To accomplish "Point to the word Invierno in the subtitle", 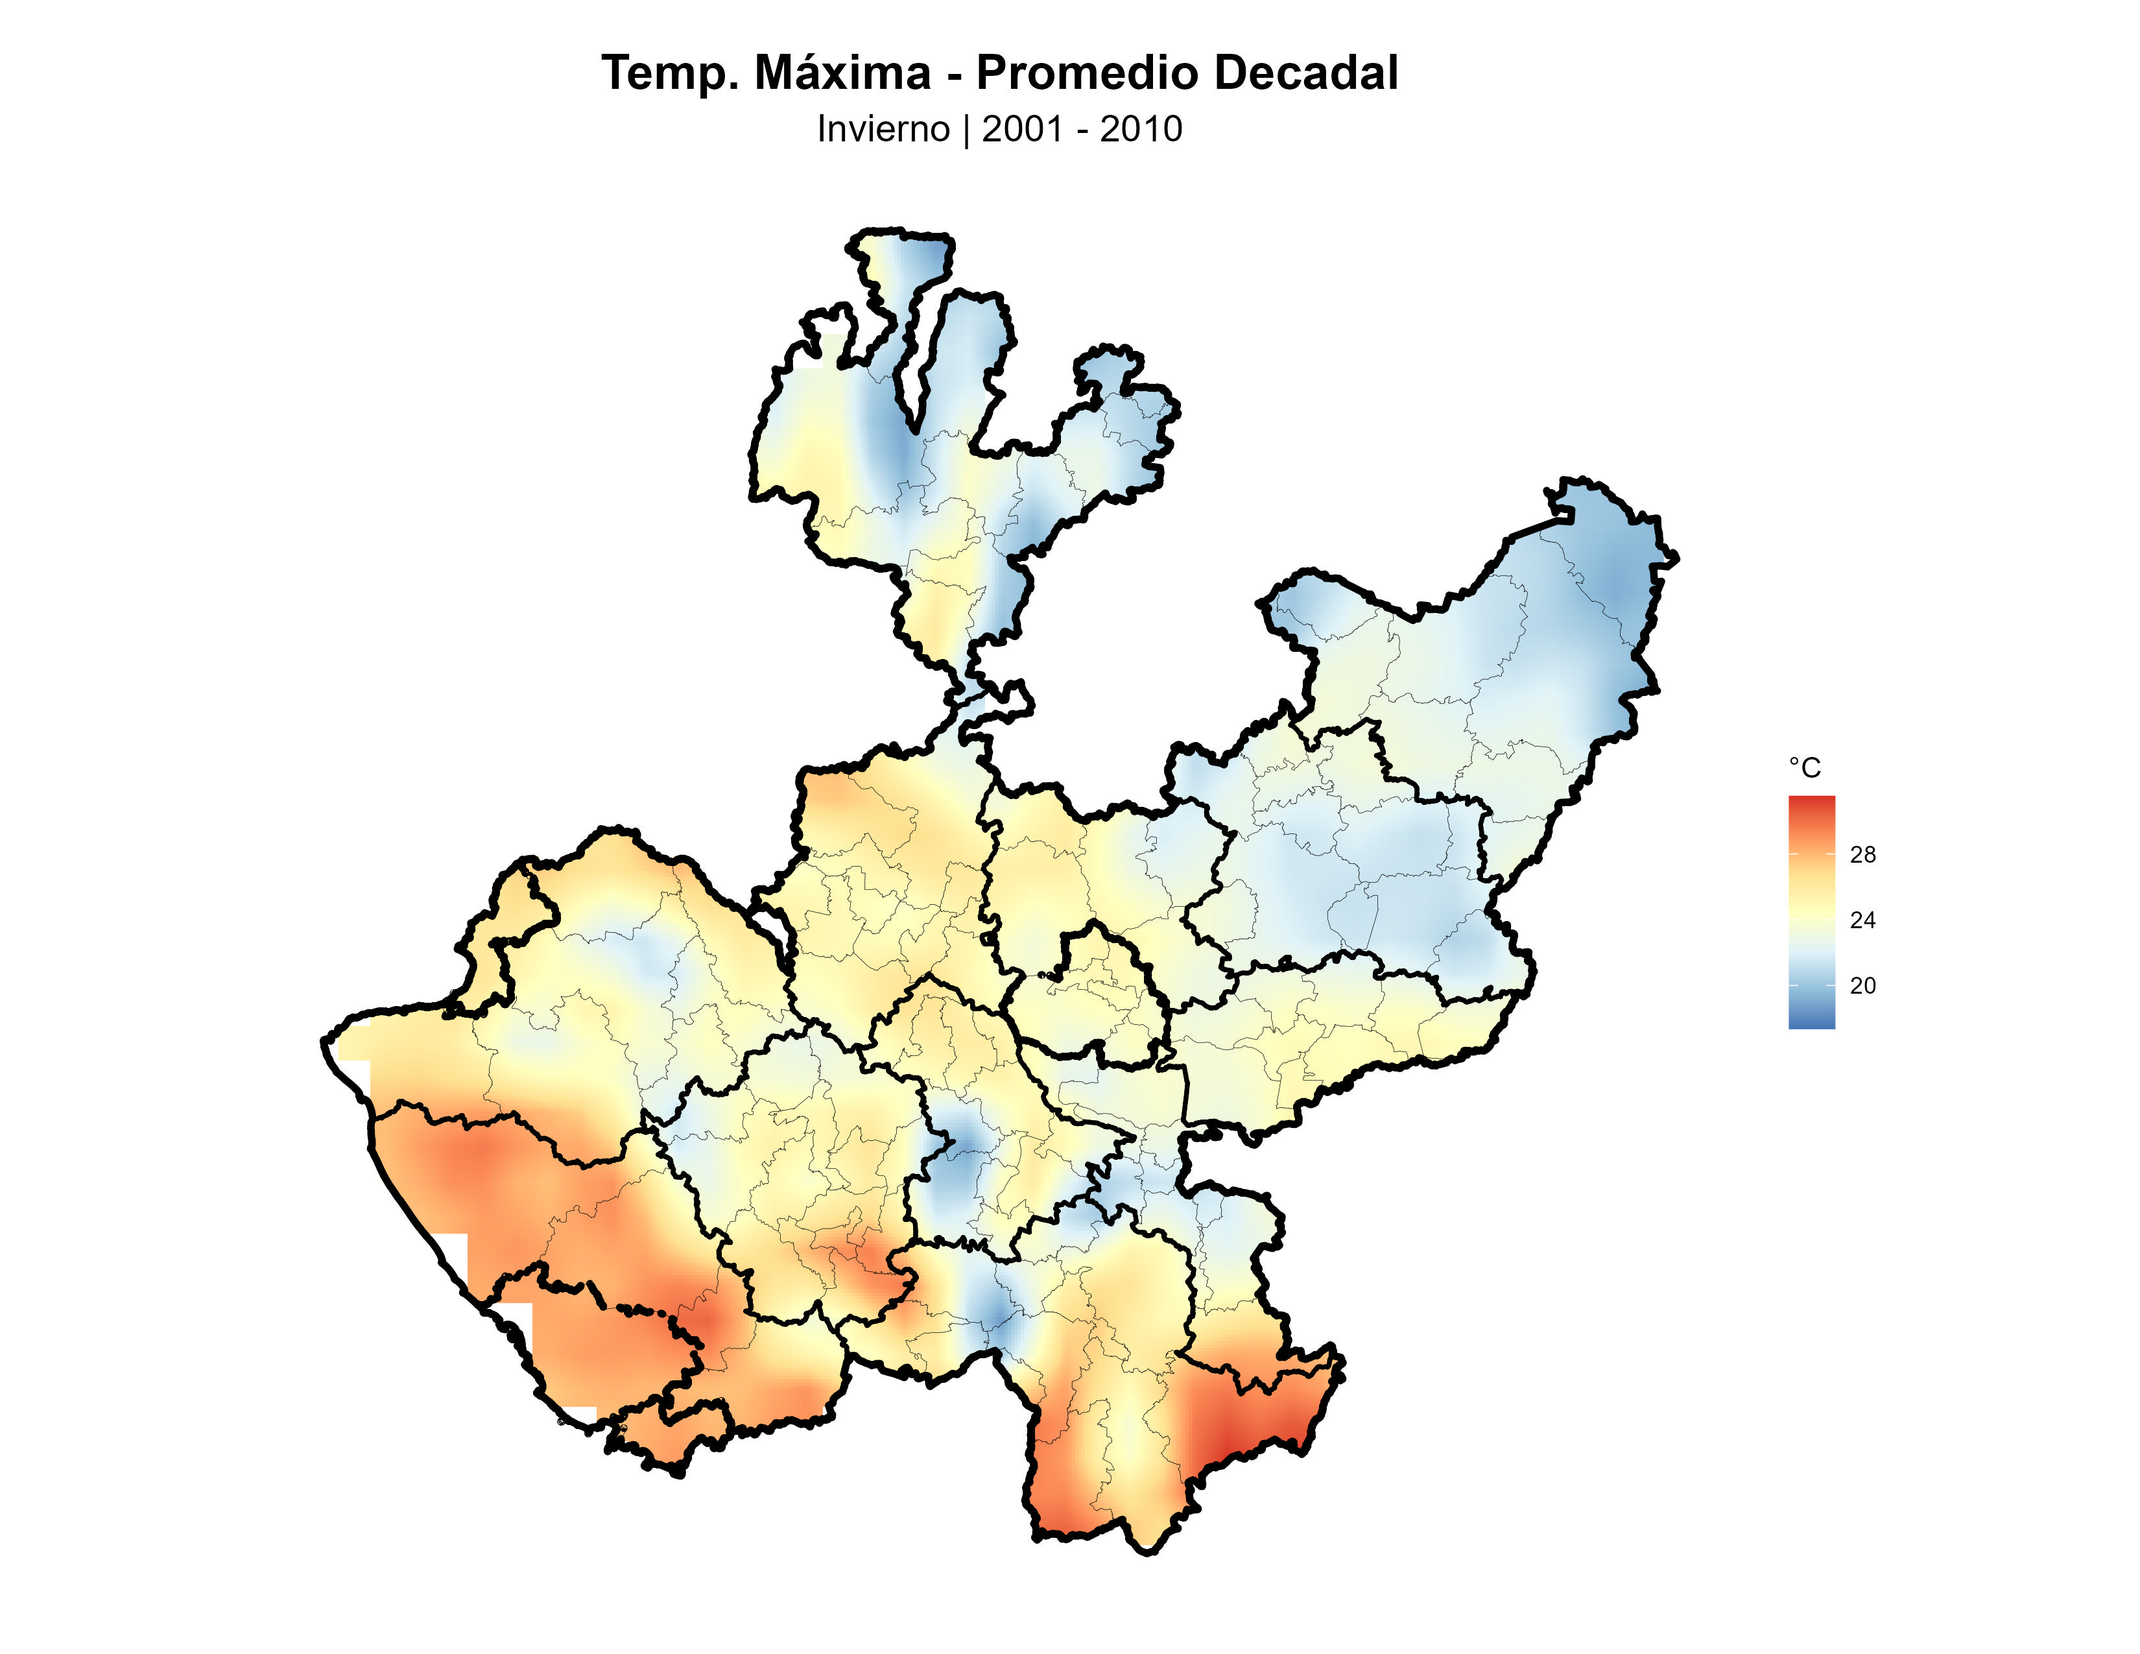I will click(x=883, y=129).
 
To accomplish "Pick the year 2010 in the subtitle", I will click(x=1141, y=129).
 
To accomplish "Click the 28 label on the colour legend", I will click(x=1862, y=854).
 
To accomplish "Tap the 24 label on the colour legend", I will click(x=1862, y=920).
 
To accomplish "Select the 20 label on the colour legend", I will click(x=1862, y=986).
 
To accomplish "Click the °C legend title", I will click(x=1804, y=768).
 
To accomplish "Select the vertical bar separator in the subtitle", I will click(x=966, y=129).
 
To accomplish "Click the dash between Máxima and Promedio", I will click(x=953, y=75).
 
